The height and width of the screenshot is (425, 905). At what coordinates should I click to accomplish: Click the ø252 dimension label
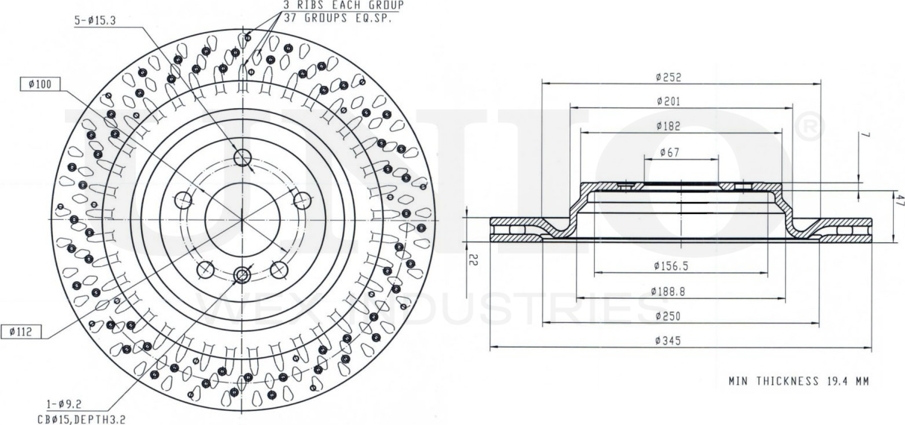coord(669,76)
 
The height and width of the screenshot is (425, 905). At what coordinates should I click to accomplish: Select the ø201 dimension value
coord(669,101)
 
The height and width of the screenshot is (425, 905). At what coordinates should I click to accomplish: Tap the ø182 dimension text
coord(669,126)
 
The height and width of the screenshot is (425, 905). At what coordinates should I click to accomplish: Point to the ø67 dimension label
coord(669,152)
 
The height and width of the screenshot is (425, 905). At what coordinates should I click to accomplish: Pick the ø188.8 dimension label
coord(669,291)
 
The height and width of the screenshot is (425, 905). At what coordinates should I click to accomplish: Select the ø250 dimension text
coord(669,316)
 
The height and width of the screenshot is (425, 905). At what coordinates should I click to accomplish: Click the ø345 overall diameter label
coord(669,341)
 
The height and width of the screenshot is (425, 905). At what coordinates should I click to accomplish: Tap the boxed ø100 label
coord(40,84)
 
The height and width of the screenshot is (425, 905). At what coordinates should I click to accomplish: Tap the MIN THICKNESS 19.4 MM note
coord(798,381)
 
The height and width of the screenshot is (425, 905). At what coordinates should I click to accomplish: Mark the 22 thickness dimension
coord(475,258)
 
